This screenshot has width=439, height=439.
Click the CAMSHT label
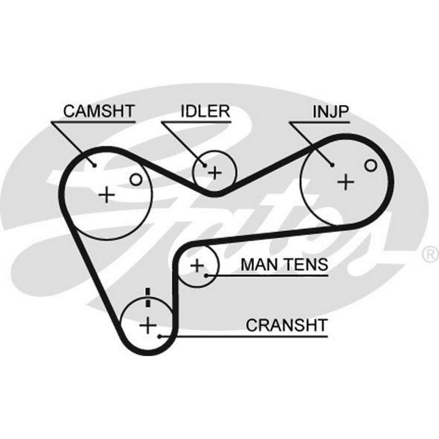pyautogui.click(x=98, y=111)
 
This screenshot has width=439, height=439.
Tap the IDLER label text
pyautogui.click(x=205, y=111)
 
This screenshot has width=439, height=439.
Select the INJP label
pyautogui.click(x=331, y=112)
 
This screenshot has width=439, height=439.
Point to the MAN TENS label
pyautogui.click(x=284, y=265)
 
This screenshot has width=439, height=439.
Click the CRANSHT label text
pyautogui.click(x=286, y=325)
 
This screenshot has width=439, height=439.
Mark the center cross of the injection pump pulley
pyautogui.click(x=347, y=180)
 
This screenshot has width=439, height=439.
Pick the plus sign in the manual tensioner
pyautogui.click(x=198, y=265)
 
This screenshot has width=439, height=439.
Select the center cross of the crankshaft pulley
pyautogui.click(x=148, y=325)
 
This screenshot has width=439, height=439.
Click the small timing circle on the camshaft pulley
pyautogui.click(x=136, y=179)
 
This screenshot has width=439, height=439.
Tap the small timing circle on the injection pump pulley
pyautogui.click(x=371, y=165)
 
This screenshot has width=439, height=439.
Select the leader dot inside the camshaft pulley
pyautogui.click(x=94, y=165)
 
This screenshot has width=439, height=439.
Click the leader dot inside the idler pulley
pyautogui.click(x=205, y=165)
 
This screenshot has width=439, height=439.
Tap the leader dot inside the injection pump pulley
pyautogui.click(x=332, y=165)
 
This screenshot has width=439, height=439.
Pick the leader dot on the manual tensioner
pyautogui.click(x=206, y=276)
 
